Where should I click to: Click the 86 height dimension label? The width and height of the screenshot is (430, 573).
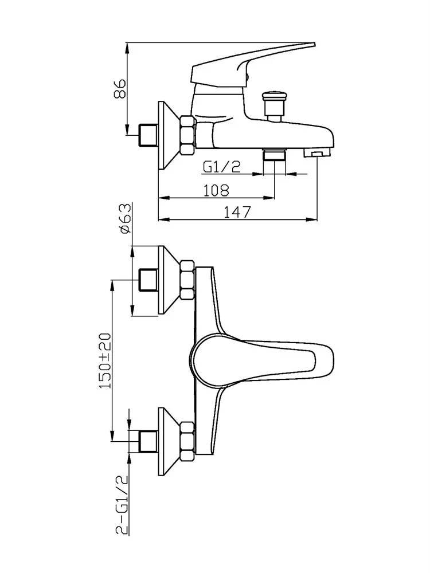[x=120, y=89]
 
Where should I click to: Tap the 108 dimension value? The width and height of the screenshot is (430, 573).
[x=216, y=190]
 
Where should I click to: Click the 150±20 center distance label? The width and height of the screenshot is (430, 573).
[x=105, y=360]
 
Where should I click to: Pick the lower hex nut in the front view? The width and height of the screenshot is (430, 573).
[x=187, y=441]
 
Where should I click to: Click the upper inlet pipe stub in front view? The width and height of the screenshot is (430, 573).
[x=148, y=280]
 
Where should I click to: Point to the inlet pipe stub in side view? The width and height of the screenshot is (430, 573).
[x=148, y=135]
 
